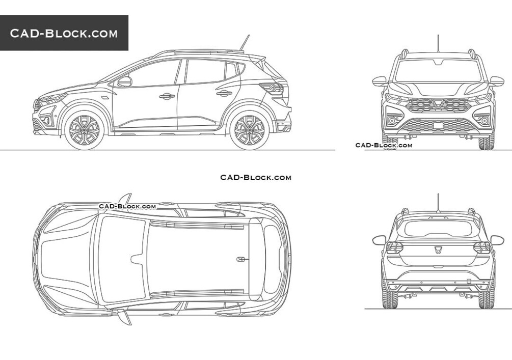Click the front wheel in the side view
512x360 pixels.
point(84,130)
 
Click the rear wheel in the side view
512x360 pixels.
point(250,130)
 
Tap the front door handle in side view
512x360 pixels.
point(167,96)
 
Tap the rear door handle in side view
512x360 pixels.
point(224,93)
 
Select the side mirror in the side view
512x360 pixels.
point(124,81)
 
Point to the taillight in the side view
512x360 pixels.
point(272,89)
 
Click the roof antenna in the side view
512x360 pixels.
point(245,43)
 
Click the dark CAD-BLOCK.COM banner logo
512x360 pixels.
point(64,33)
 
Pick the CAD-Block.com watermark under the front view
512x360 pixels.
point(384,145)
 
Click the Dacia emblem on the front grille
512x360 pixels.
point(438,104)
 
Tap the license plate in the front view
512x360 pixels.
point(438,125)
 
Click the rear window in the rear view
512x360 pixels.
point(438,228)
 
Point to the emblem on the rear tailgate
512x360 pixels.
point(438,251)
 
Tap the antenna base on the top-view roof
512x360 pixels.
point(240,259)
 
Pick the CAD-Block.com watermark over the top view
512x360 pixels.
point(127,206)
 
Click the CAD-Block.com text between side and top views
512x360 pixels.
point(256,177)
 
